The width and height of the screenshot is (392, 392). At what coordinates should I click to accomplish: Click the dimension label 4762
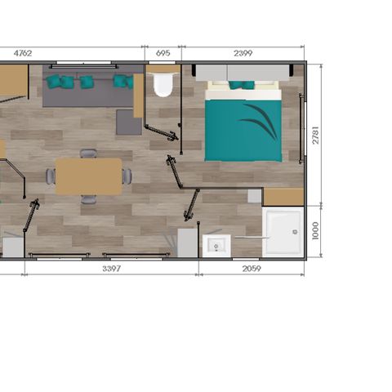pyautogui.click(x=23, y=53)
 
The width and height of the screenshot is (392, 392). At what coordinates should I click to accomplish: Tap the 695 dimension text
pyautogui.click(x=163, y=53)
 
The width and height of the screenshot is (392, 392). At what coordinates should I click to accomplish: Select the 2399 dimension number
pyautogui.click(x=243, y=53)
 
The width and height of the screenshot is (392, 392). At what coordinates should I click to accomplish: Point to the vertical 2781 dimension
pyautogui.click(x=315, y=135)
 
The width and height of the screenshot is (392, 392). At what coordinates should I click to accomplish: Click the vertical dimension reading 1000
pyautogui.click(x=315, y=231)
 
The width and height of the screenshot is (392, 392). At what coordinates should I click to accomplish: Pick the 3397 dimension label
pyautogui.click(x=111, y=269)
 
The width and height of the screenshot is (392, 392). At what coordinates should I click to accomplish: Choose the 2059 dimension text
pyautogui.click(x=252, y=269)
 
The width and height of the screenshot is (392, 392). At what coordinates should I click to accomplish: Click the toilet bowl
pyautogui.click(x=163, y=84)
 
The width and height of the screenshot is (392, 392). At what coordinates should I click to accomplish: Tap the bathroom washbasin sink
pyautogui.click(x=216, y=246)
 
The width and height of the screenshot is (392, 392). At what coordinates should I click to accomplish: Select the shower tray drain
pyautogui.click(x=295, y=232)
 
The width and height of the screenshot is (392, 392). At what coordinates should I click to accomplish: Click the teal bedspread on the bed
pyautogui.click(x=243, y=131)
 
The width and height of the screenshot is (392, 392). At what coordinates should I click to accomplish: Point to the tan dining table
pyautogui.click(x=88, y=176)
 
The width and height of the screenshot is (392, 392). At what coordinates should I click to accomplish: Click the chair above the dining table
pyautogui.click(x=88, y=154)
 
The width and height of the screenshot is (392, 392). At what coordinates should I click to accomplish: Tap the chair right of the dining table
pyautogui.click(x=127, y=176)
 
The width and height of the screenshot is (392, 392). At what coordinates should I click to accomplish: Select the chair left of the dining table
pyautogui.click(x=51, y=176)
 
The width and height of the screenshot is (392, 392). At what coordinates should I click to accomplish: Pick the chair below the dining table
pyautogui.click(x=88, y=199)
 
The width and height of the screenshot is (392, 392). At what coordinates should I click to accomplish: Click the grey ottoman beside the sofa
pyautogui.click(x=129, y=122)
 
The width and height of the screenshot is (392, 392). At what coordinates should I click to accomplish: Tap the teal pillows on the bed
pyautogui.click(x=242, y=85)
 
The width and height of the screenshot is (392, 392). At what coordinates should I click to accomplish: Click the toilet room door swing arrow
pyautogui.click(x=163, y=132)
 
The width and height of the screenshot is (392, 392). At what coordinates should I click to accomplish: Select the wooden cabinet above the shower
pyautogui.click(x=283, y=197)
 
